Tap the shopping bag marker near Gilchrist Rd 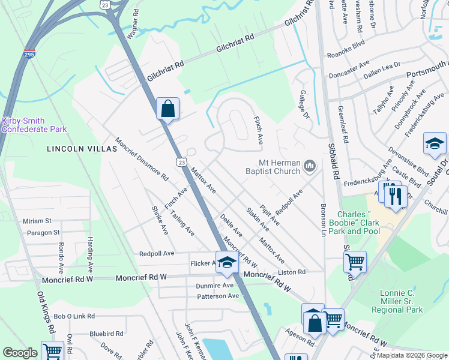click(168, 109)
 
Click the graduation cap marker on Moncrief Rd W click(227, 262)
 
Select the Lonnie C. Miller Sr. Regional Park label click(397, 301)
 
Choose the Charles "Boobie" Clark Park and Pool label click(358, 223)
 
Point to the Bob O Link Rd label click(74, 316)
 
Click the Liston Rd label click(291, 272)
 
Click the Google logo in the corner click(20, 353)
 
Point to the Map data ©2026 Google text click(411, 355)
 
